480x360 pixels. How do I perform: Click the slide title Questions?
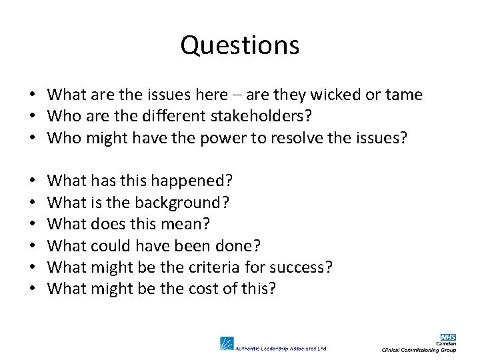point(240,45)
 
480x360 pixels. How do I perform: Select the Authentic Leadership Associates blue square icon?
point(227,343)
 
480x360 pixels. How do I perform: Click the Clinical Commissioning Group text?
point(419,350)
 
